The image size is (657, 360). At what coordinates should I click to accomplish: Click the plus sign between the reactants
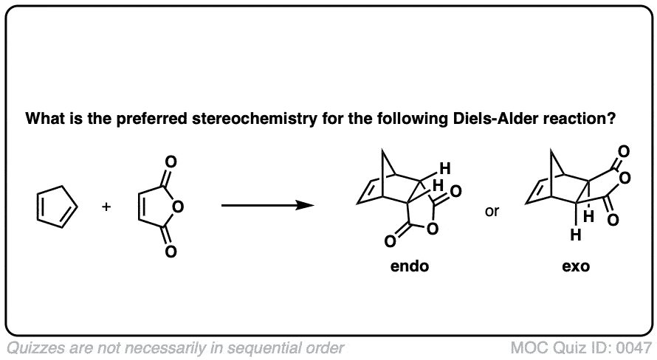[106, 207]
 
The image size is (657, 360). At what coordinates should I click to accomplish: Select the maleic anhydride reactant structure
[157, 207]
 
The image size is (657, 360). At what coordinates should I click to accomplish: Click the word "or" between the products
[492, 212]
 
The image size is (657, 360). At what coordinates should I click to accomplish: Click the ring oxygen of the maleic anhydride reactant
[178, 207]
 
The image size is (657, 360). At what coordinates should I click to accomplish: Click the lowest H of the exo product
[576, 236]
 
